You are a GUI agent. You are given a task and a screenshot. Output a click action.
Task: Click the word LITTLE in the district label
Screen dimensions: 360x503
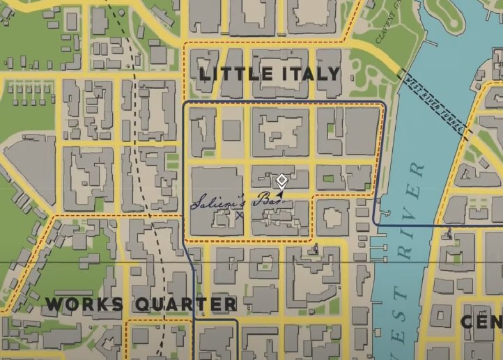(231, 73)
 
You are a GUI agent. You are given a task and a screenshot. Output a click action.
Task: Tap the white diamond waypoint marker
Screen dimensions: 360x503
(281, 180)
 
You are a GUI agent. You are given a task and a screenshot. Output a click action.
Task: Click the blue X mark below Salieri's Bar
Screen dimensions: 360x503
(239, 215)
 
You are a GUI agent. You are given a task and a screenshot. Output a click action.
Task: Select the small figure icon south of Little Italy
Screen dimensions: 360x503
(316, 247)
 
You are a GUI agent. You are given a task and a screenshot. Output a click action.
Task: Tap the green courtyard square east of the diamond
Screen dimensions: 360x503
(329, 178)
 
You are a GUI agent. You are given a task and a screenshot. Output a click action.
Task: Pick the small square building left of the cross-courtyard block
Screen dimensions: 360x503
(231, 130)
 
